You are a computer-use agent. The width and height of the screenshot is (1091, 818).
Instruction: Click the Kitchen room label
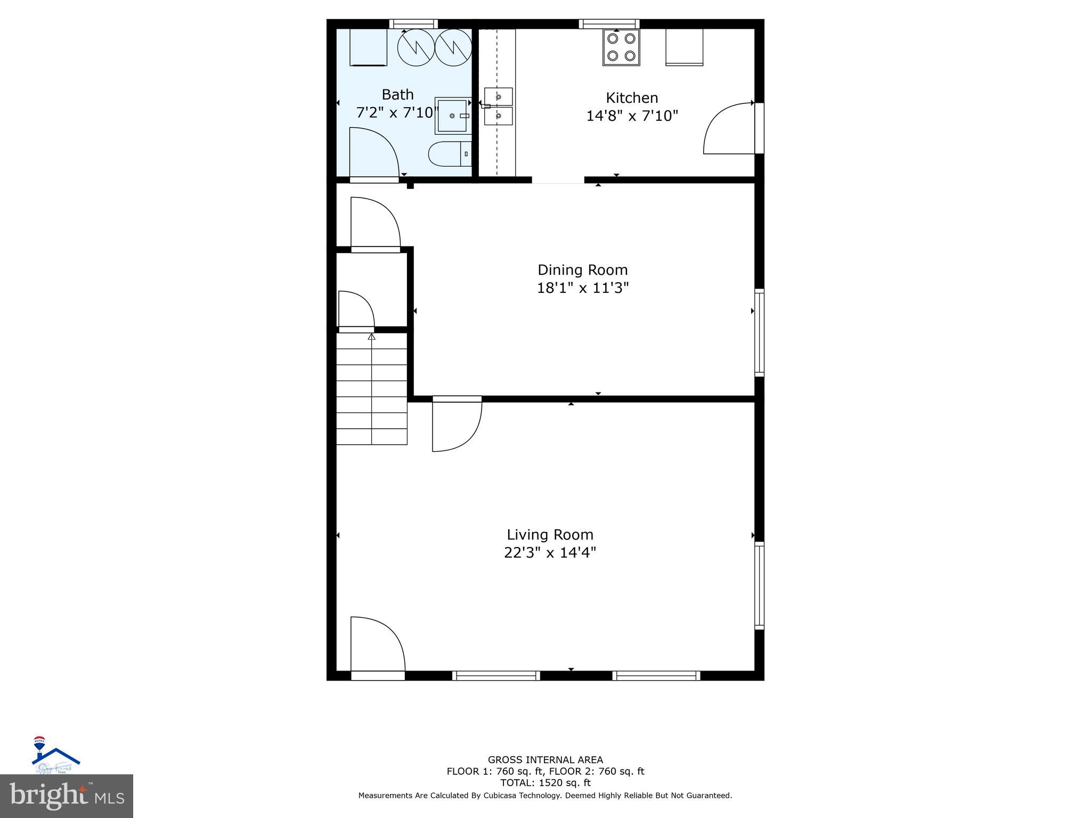coord(632,98)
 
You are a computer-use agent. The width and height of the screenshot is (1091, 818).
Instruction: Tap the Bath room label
coord(397,95)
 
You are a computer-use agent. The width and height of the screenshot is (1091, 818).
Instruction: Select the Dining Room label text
coord(582,270)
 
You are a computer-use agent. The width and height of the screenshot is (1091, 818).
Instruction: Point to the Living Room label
coord(550,535)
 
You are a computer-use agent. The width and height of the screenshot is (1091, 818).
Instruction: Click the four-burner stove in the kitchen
coord(621,47)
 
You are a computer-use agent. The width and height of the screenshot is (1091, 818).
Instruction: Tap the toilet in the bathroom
coord(450,154)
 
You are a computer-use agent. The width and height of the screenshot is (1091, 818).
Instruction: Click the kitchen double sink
coord(498,107)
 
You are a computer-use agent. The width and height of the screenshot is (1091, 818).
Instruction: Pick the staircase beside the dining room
coord(371,389)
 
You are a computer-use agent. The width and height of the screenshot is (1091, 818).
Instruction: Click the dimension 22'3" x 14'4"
coord(550,553)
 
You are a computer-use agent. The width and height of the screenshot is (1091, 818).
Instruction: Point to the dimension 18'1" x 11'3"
coord(582,288)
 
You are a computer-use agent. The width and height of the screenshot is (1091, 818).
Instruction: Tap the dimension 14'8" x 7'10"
coord(632,116)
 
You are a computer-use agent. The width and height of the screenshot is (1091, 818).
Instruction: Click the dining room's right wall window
coord(759,333)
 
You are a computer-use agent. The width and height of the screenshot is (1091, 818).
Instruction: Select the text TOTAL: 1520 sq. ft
coord(545,783)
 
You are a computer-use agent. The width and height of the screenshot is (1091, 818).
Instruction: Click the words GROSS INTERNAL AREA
coord(545,760)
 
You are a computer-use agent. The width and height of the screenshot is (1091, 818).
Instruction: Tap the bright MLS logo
coord(67,796)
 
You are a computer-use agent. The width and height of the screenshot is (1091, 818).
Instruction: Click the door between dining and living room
coord(456,424)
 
